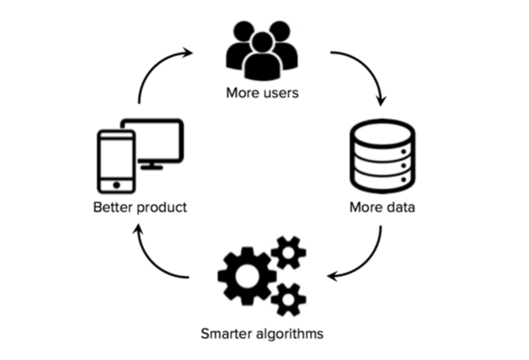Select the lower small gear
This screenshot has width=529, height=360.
tap(289, 300)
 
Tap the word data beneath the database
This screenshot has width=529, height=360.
tap(400, 208)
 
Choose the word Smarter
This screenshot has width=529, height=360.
tap(225, 334)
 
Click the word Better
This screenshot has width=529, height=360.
tap(111, 208)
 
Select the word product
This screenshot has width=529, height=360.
tap(161, 208)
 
